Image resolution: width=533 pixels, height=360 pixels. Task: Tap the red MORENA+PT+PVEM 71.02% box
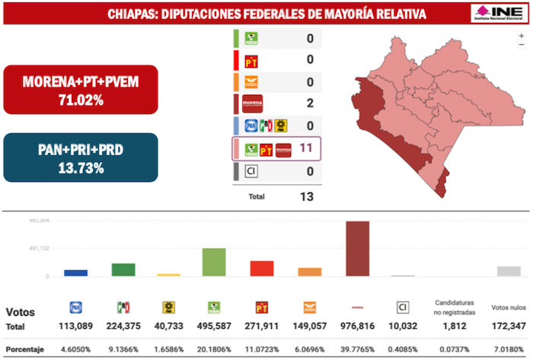click(x=80, y=89)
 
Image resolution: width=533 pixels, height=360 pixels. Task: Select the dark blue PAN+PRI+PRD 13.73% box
click(x=80, y=158)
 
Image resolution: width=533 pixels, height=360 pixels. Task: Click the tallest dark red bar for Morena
click(x=357, y=248)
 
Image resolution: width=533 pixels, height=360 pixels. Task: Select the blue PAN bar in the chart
click(x=75, y=272)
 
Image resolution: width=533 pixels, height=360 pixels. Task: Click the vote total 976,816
click(x=357, y=327)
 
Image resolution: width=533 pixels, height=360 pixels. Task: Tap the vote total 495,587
click(x=214, y=327)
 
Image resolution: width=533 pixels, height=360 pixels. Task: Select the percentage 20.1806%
click(x=214, y=349)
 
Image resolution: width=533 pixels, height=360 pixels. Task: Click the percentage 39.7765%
click(x=357, y=349)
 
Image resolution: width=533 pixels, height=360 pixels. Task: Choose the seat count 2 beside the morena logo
click(x=309, y=103)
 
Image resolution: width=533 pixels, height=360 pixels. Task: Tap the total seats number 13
click(x=306, y=196)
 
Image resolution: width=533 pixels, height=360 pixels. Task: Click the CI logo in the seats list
click(x=251, y=171)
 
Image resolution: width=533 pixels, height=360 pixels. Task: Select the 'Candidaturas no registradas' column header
click(x=455, y=307)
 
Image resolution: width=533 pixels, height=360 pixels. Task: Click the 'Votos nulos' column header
click(x=509, y=307)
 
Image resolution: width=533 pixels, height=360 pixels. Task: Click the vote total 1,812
click(x=455, y=327)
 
